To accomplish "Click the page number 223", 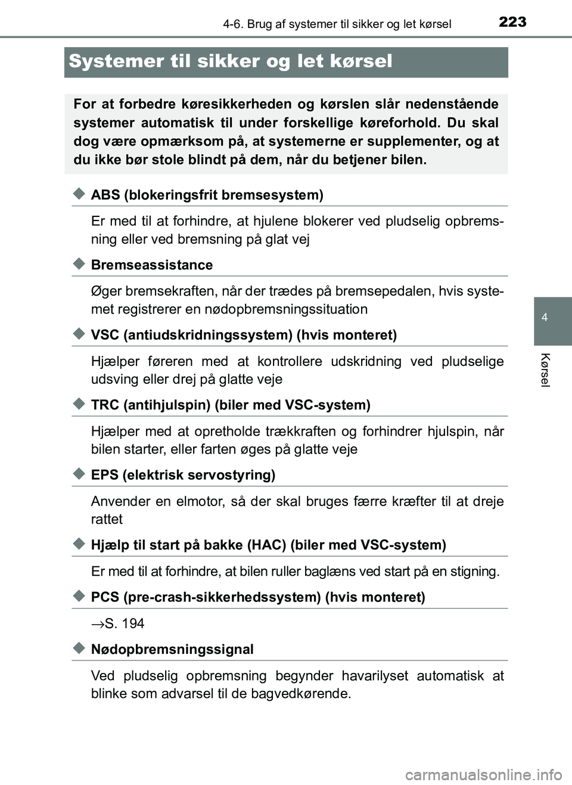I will pos(512,22).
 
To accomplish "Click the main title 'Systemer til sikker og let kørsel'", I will pos(231,61).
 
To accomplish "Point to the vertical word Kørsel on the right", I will pos(545,370).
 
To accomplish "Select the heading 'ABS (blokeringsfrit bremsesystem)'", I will pos(207,195).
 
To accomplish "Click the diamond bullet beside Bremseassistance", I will pos(79,264).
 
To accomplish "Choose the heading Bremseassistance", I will pos(151,265).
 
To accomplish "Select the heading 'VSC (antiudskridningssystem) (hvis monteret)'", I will pos(244,335).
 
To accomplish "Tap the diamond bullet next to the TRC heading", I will pos(79,404).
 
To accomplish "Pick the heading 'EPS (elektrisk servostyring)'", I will pos(183,475).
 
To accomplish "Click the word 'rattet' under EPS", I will pos(107,519).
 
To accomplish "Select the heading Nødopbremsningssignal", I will pos(172,649).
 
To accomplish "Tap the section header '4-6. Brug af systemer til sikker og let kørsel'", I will pos(337,24).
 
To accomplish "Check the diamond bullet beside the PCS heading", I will pos(79,596).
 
